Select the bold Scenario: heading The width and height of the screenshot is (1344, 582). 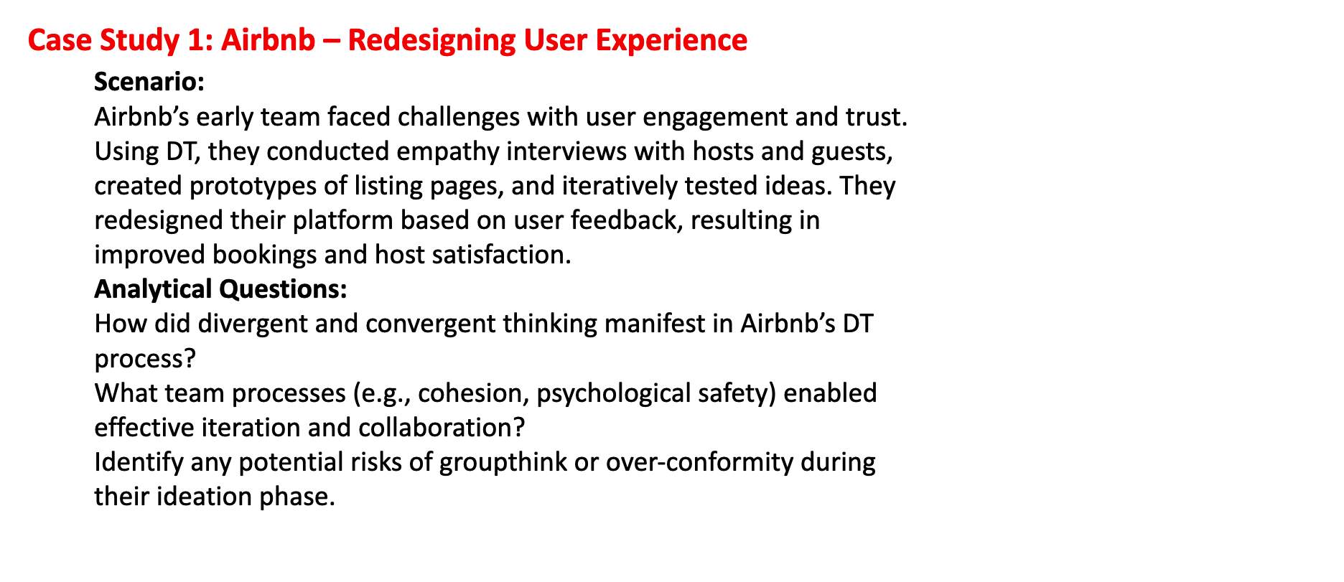point(149,82)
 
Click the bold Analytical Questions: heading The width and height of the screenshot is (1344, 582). point(220,288)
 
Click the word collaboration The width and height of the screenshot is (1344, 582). point(441,428)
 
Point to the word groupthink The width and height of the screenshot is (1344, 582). point(503,462)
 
